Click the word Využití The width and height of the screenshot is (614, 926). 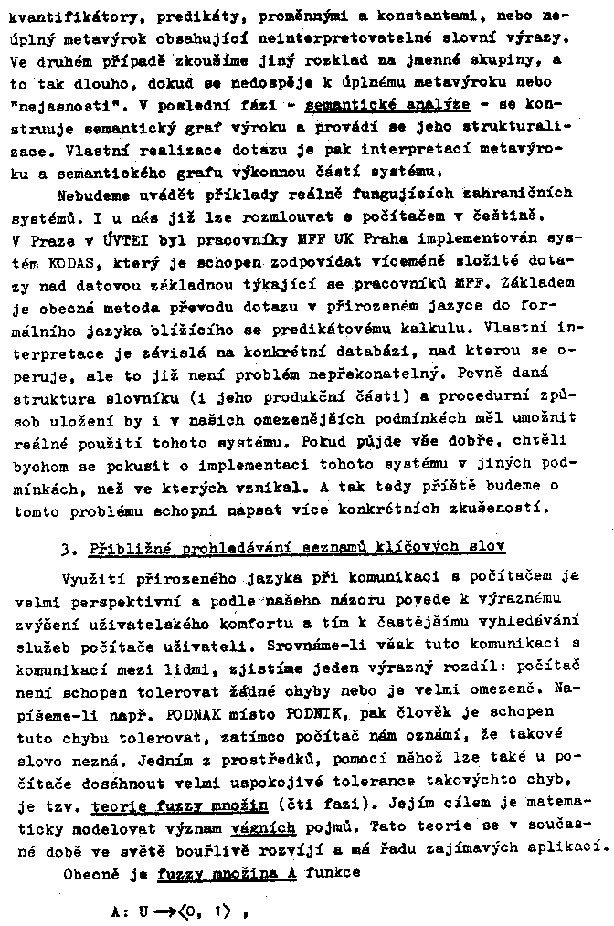click(92, 578)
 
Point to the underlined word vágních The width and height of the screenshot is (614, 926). click(266, 827)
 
